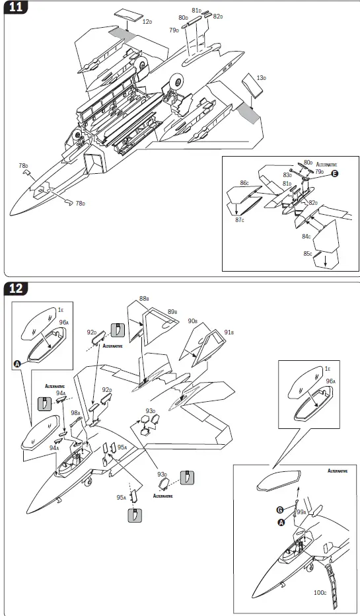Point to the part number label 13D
coord(261,79)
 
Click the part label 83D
coord(288,174)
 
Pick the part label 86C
coord(244,183)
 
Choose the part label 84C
coord(306,237)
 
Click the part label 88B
coord(144,299)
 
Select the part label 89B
coord(172,312)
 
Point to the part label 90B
coord(192,321)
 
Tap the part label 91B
coord(229,332)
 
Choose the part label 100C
coord(320,593)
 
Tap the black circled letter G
coord(280,510)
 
